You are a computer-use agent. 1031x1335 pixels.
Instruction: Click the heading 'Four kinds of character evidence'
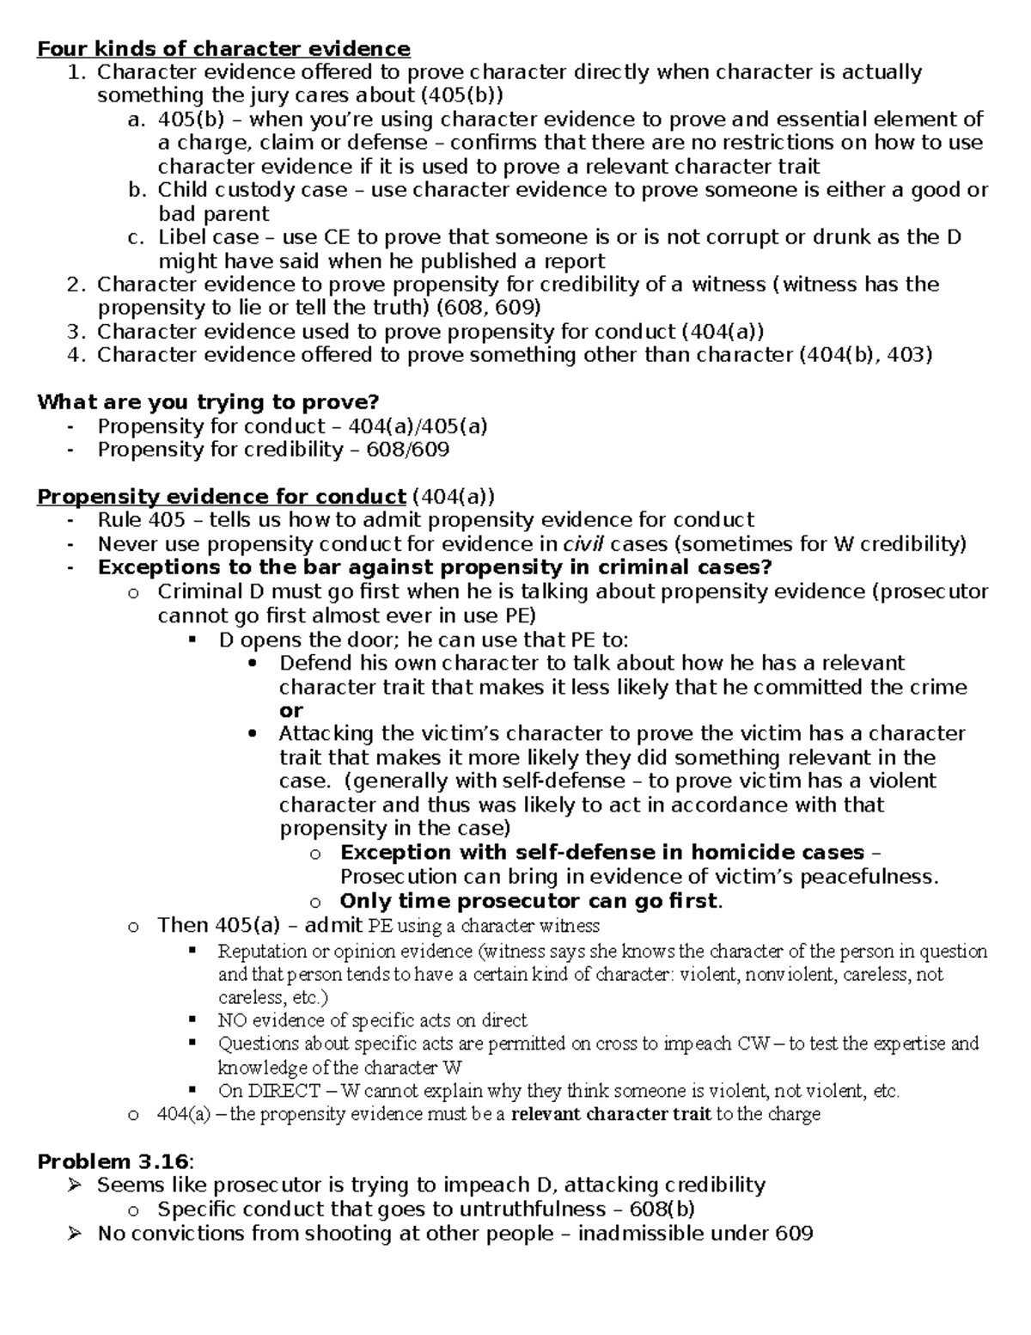click(x=223, y=49)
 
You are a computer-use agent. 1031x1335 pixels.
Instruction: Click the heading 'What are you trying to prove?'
click(x=208, y=402)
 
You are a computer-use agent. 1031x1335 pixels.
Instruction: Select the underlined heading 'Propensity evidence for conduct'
click(x=222, y=497)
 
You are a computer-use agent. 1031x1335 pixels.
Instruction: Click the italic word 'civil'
click(x=583, y=544)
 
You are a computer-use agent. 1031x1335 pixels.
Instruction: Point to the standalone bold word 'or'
click(x=291, y=710)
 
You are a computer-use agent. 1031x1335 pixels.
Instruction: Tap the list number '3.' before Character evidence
click(x=77, y=332)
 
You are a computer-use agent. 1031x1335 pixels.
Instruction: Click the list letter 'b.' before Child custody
click(x=137, y=190)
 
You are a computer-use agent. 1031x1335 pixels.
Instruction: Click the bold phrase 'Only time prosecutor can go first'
click(x=528, y=901)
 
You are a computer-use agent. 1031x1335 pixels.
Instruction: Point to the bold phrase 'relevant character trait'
click(x=611, y=1115)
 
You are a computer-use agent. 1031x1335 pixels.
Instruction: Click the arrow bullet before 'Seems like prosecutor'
click(x=76, y=1185)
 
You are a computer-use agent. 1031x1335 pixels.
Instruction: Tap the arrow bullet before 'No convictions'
click(x=76, y=1234)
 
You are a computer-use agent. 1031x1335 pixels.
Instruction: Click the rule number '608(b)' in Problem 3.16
click(x=662, y=1209)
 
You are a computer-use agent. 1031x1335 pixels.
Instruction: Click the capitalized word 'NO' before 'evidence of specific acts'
click(x=231, y=1020)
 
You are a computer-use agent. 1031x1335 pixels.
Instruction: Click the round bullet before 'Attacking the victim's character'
click(x=252, y=734)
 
